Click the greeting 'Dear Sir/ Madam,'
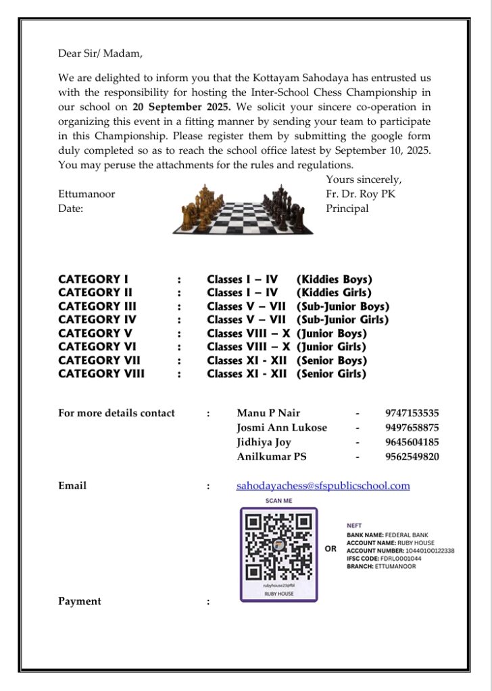pyautogui.click(x=100, y=53)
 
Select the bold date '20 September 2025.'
pyautogui.click(x=182, y=107)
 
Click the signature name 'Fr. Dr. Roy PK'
pyautogui.click(x=360, y=194)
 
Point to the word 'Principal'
pyautogui.click(x=347, y=209)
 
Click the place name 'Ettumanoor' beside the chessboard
pyautogui.click(x=87, y=194)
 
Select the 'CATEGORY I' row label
pyautogui.click(x=93, y=279)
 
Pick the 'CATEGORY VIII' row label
pyautogui.click(x=101, y=374)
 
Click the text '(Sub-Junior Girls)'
pyautogui.click(x=343, y=320)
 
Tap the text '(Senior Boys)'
pyautogui.click(x=331, y=360)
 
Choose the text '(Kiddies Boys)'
pyautogui.click(x=334, y=279)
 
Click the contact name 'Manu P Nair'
pyautogui.click(x=268, y=413)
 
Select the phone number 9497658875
pyautogui.click(x=412, y=428)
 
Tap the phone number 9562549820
pyautogui.click(x=412, y=457)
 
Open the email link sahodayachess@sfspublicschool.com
pyautogui.click(x=323, y=486)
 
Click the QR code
pyautogui.click(x=278, y=547)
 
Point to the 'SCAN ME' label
pyautogui.click(x=278, y=501)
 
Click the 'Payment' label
pyautogui.click(x=80, y=601)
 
